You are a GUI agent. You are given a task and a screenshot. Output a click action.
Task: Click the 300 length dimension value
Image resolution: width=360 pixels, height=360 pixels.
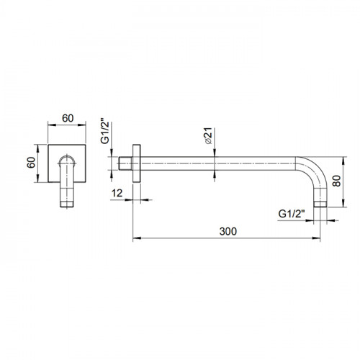click(228, 231)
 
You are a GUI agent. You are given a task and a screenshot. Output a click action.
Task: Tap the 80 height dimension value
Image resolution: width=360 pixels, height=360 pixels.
click(337, 181)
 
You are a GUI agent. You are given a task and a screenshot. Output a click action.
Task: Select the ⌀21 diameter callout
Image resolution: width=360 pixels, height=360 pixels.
click(209, 135)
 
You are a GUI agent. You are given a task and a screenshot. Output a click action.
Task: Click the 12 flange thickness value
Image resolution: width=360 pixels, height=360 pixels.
click(117, 193)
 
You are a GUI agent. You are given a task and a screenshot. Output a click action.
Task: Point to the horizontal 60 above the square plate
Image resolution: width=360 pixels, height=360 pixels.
click(68, 118)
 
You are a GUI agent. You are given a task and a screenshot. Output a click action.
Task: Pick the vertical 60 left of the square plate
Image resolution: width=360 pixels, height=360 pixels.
click(31, 163)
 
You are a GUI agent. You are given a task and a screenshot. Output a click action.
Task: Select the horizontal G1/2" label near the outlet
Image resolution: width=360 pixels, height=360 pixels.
click(292, 214)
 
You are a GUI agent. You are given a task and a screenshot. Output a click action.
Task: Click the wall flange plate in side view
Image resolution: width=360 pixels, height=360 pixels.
click(137, 163)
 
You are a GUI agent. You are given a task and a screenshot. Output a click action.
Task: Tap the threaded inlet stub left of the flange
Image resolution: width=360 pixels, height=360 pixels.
click(125, 163)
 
